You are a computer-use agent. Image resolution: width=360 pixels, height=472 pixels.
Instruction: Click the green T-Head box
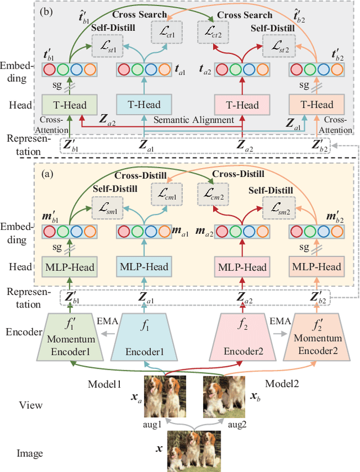click(69, 105)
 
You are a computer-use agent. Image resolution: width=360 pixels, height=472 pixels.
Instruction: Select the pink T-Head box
click(242, 105)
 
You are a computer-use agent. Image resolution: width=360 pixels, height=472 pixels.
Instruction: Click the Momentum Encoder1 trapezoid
click(69, 337)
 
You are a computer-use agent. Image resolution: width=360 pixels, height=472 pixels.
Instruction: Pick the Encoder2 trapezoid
click(242, 337)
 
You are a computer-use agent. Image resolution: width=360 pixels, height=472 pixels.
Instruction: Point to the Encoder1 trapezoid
click(143, 337)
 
